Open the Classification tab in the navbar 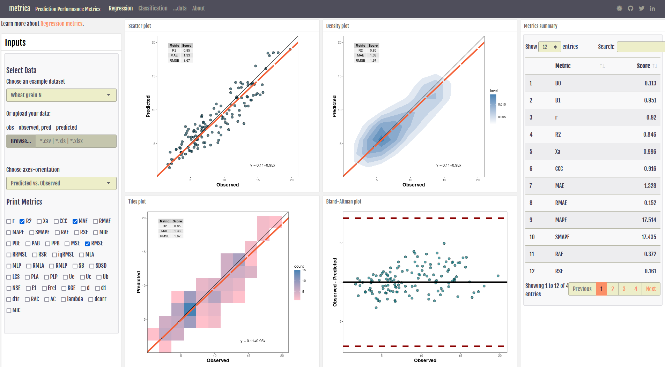(153, 8)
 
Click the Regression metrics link (61, 24)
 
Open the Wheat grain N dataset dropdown (61, 95)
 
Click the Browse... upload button (21, 141)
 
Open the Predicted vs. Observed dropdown (61, 183)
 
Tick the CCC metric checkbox (56, 221)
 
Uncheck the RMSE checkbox (87, 244)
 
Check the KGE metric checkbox (64, 288)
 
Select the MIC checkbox (9, 311)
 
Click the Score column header (643, 66)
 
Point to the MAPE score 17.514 (649, 220)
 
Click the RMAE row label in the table (561, 203)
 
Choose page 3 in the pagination (624, 289)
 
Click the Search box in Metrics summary (641, 47)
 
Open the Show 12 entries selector (549, 47)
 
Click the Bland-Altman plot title (343, 201)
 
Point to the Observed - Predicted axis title (335, 282)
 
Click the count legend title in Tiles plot (299, 266)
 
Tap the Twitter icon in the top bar (642, 8)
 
